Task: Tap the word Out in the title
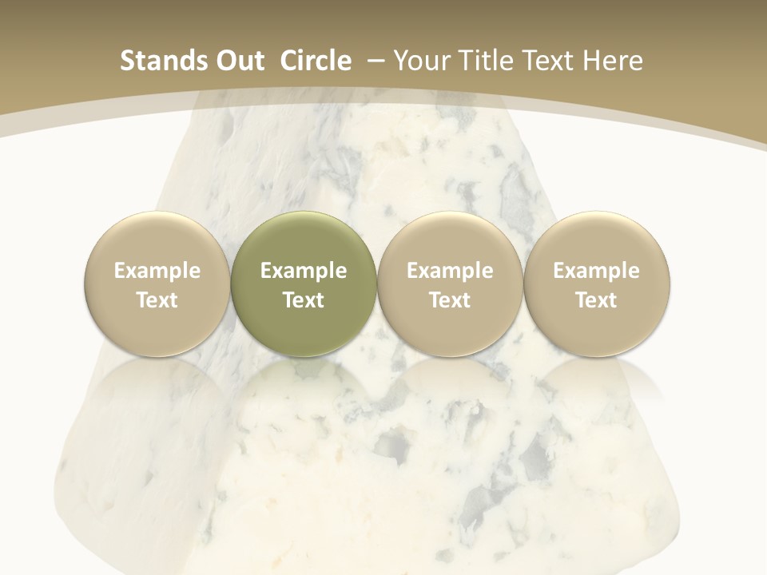click(x=238, y=61)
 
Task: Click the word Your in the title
click(x=421, y=61)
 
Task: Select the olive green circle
click(x=304, y=284)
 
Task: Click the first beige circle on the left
click(x=157, y=284)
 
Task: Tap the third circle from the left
click(x=450, y=284)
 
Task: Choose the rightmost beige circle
click(x=596, y=284)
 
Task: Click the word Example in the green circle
click(x=304, y=271)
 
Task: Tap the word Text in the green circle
click(x=304, y=300)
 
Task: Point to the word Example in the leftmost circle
click(x=157, y=271)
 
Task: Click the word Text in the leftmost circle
click(x=157, y=300)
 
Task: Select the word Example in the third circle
click(x=450, y=271)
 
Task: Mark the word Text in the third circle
click(x=450, y=300)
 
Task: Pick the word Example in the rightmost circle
click(x=596, y=271)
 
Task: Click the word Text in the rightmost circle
click(x=596, y=300)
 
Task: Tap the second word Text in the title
click(x=549, y=61)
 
